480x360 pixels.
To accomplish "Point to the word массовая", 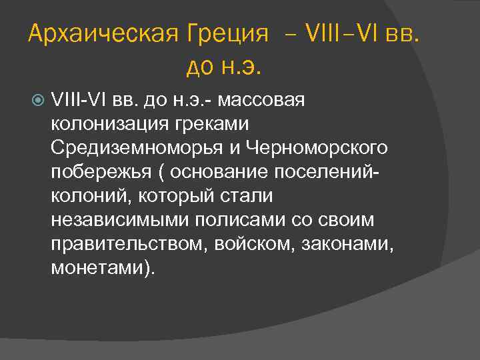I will coord(261,100).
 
